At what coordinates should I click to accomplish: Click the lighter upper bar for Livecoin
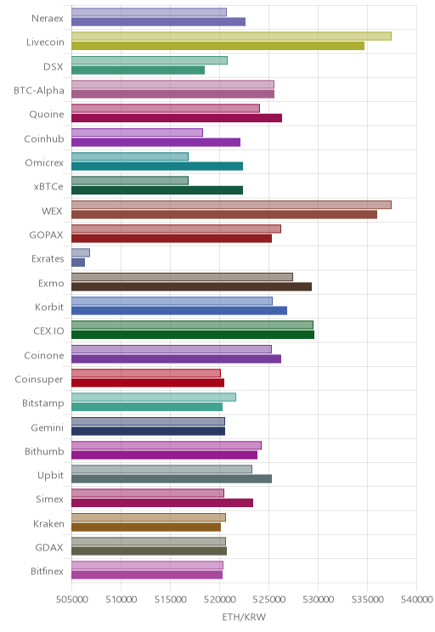coord(231,36)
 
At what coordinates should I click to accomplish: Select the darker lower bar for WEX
coord(224,214)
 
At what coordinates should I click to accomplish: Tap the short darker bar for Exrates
coord(78,262)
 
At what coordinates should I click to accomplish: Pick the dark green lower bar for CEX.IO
coord(193,335)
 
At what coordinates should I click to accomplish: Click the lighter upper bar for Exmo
coord(182,277)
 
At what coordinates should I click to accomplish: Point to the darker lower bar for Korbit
coord(179,310)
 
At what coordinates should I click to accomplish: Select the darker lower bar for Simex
coord(162,503)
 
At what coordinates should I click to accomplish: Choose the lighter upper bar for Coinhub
coord(137,133)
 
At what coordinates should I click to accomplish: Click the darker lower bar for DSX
coord(138,71)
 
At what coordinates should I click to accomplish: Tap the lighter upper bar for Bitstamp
coord(154,397)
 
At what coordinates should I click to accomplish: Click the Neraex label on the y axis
coord(48,19)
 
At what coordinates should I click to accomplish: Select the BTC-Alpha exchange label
coord(39,91)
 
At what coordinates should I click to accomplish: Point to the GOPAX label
coord(47,235)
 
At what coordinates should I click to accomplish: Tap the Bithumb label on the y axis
coord(44,451)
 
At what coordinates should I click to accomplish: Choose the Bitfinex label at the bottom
coord(48,571)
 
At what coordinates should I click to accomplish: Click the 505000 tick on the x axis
coord(71,600)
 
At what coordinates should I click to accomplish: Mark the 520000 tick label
coord(220,600)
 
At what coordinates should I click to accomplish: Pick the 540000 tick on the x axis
coord(417,600)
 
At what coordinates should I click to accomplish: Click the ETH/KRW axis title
coord(244,617)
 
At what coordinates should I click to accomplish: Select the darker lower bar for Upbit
coord(172,479)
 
